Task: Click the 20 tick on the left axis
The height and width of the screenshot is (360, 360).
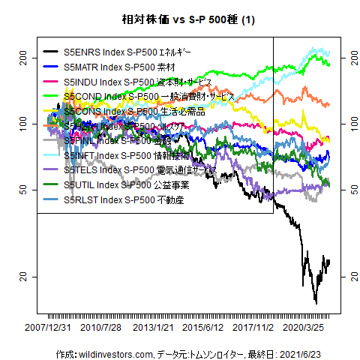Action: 22,277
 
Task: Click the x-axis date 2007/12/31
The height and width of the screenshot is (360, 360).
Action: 49,328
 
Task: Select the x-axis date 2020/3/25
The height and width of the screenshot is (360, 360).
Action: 307,328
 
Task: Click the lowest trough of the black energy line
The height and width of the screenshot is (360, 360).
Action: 316,303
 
